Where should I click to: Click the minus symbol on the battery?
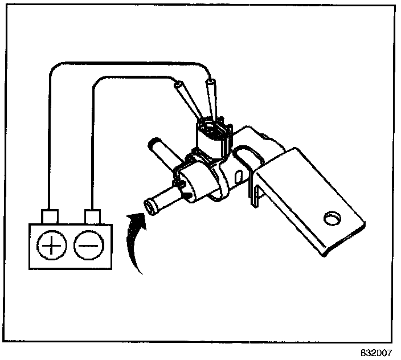coord(87,246)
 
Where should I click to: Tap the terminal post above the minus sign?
coord(92,217)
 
